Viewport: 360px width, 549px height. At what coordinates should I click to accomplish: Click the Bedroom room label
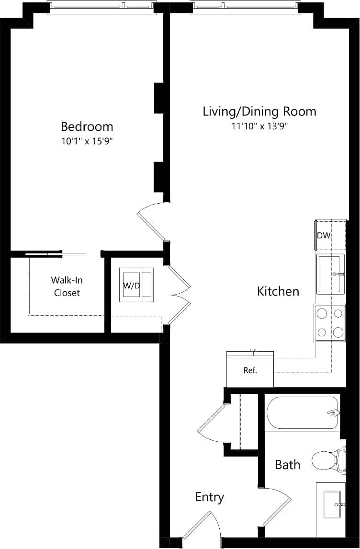87,126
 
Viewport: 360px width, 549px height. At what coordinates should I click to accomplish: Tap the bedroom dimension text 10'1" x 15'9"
87,141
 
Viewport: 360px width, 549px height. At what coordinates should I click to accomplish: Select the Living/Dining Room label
259,112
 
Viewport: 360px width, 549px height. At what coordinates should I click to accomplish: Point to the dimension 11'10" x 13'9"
259,126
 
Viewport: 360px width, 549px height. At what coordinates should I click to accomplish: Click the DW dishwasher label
324,235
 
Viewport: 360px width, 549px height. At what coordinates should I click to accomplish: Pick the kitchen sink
330,274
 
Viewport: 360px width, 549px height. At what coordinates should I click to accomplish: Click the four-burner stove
330,323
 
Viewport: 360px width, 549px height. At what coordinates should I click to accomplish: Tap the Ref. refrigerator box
250,370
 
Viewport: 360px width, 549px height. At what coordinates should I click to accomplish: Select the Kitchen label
278,291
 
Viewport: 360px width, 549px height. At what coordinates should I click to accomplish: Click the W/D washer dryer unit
136,286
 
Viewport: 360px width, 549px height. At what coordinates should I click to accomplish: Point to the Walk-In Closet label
67,286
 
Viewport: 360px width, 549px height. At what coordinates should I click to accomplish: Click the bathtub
303,412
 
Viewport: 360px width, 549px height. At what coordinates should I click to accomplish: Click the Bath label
288,464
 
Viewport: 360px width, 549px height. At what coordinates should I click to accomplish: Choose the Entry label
210,497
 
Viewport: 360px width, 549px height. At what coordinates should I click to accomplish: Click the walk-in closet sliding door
55,254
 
